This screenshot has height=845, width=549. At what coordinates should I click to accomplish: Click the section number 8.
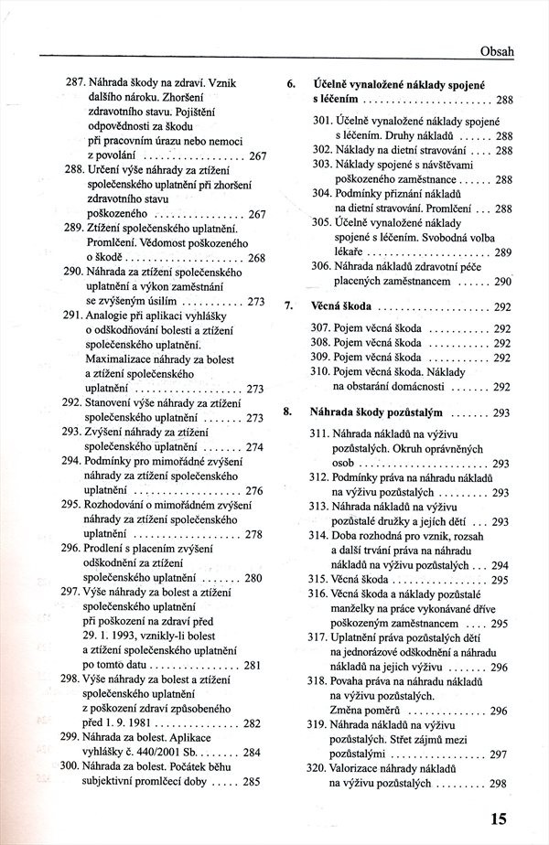(290, 412)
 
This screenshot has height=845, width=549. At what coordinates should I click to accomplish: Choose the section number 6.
(290, 84)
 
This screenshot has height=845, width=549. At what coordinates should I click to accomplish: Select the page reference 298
(499, 784)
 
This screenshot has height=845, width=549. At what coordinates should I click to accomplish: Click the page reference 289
(502, 251)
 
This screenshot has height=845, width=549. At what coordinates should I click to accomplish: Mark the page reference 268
(255, 258)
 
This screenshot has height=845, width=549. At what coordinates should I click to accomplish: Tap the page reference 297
(499, 754)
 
